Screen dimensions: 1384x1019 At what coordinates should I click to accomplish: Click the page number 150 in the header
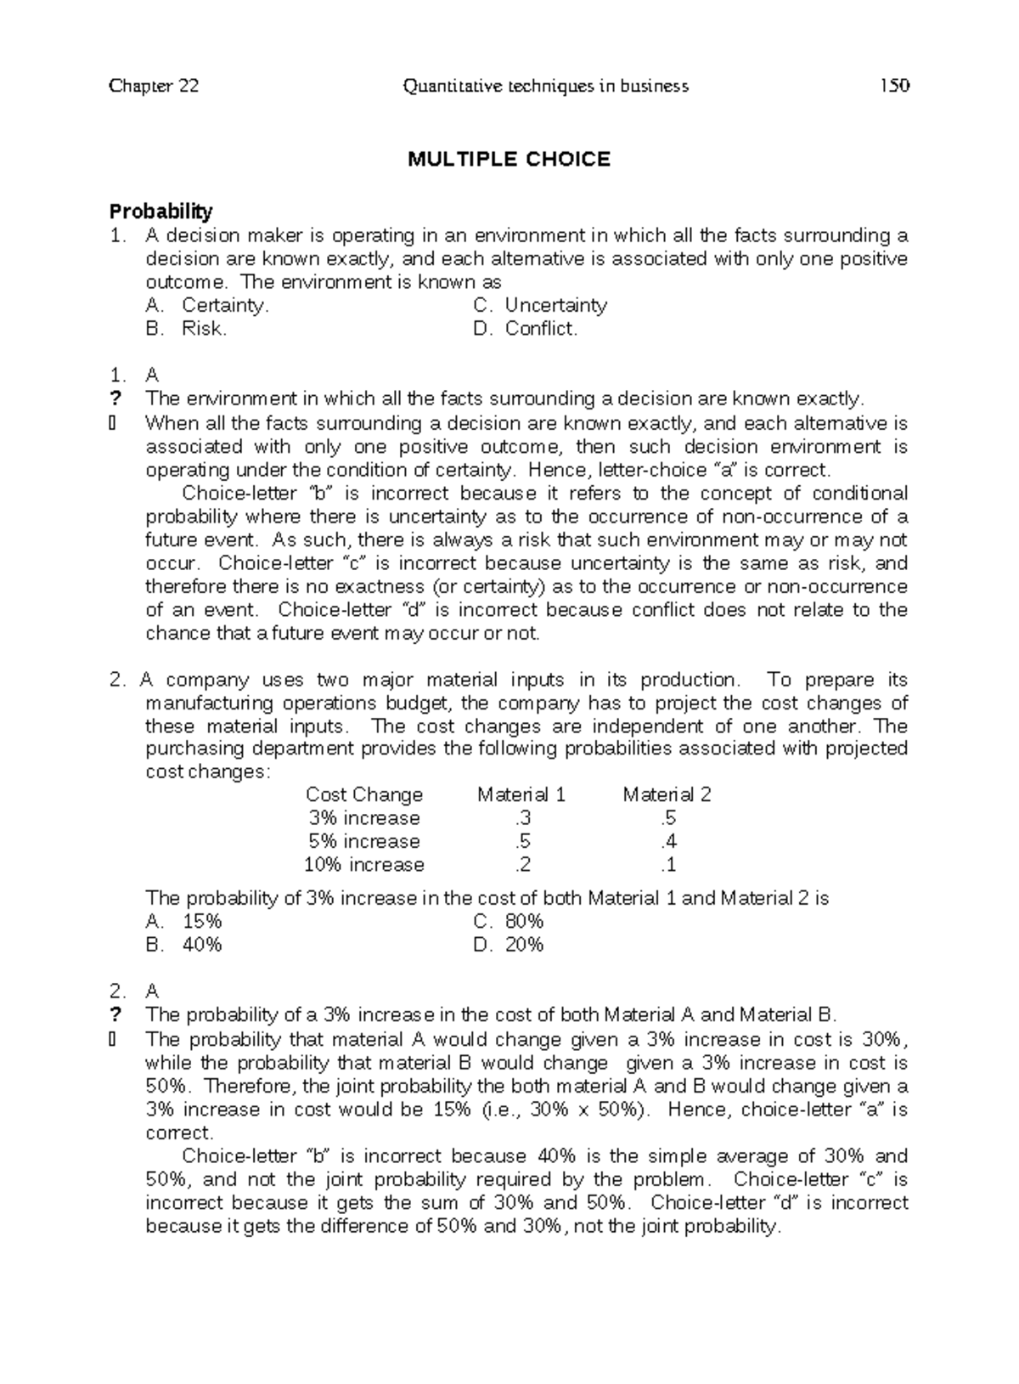[894, 86]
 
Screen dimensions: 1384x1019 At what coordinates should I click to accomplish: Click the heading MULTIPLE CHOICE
[509, 159]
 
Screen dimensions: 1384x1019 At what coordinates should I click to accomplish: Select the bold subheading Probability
[161, 211]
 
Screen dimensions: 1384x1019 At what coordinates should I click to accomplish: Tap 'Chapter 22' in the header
[154, 86]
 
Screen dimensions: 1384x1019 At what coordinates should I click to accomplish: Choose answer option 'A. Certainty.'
[207, 305]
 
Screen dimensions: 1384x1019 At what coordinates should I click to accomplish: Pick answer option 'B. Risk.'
[186, 329]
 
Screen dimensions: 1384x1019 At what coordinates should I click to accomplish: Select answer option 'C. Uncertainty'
[540, 305]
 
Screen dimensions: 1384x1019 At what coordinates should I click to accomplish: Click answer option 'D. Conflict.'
[526, 329]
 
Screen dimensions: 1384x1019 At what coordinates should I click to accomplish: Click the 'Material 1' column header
[521, 794]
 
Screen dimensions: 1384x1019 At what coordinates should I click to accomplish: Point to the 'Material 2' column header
[667, 794]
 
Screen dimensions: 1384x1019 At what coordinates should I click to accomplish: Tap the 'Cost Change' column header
[363, 794]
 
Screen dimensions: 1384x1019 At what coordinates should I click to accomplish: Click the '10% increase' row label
[363, 865]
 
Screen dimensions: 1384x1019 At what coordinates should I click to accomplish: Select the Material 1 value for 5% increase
[521, 841]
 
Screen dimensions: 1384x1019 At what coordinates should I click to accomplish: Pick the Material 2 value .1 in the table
[667, 865]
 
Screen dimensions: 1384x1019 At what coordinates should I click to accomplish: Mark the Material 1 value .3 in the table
[521, 818]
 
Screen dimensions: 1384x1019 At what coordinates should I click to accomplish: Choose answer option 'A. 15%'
[184, 922]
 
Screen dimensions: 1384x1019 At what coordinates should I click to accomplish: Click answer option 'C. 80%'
[509, 922]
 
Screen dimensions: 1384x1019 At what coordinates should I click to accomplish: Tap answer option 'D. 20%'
[509, 945]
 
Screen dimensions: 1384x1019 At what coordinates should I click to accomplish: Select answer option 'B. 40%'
[184, 945]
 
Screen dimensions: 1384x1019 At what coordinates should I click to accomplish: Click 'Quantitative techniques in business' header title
[546, 86]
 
